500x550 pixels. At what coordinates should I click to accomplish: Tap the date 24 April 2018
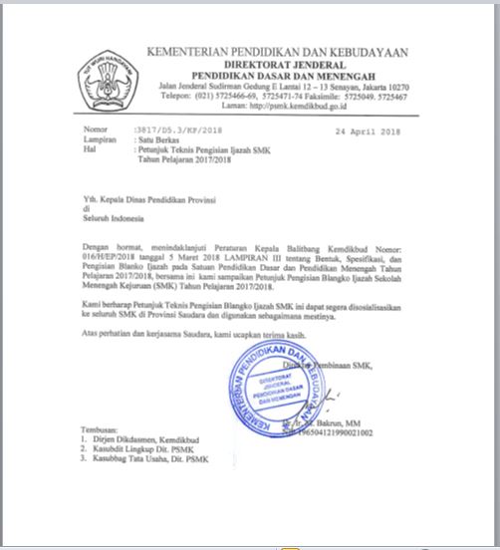click(x=368, y=131)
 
